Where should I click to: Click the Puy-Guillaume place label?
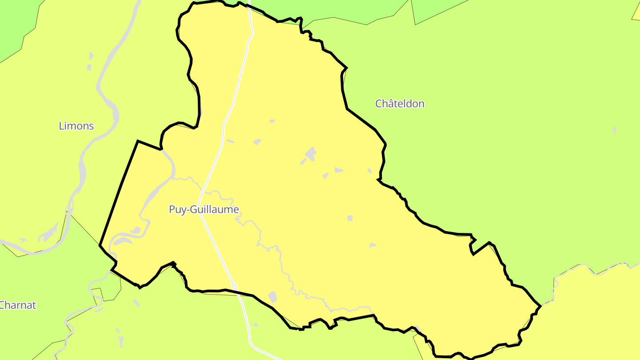click(204, 209)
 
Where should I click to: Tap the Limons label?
click(76, 126)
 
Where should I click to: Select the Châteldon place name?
click(400, 104)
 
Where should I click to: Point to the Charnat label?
click(17, 305)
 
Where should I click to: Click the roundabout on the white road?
click(234, 287)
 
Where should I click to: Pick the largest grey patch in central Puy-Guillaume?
click(310, 154)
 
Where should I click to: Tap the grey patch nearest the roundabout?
click(272, 297)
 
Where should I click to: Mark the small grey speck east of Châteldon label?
click(615, 130)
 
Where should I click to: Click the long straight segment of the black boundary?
click(119, 192)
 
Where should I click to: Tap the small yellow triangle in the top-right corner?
click(636, 13)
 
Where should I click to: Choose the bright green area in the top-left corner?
click(13, 22)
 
